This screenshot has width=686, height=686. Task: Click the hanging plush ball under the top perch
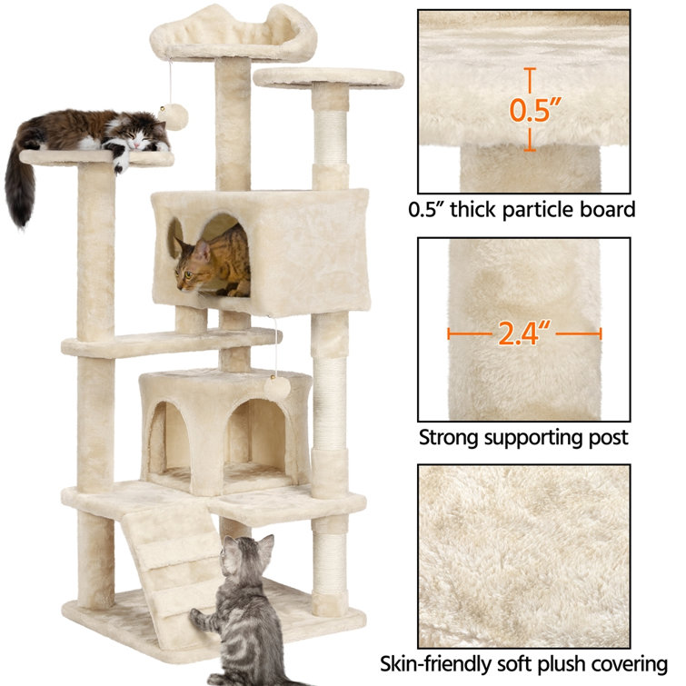[x=174, y=117]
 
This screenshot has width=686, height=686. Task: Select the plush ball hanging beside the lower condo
[x=277, y=388]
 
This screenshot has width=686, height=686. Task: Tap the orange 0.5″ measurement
[x=534, y=109]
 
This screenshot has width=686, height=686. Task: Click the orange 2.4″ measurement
[x=524, y=333]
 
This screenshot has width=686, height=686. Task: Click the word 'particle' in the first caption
[x=538, y=210]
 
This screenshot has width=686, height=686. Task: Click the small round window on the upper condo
[x=175, y=238]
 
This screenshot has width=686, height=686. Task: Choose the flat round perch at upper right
[x=329, y=78]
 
